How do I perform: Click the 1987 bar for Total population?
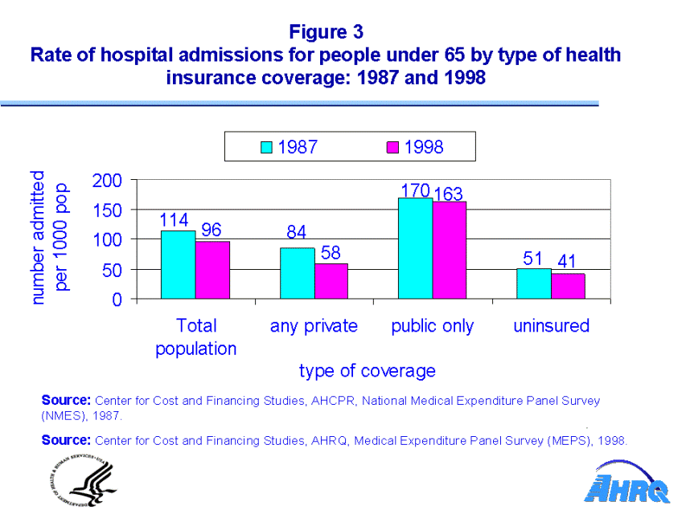(178, 265)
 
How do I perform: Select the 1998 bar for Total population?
(212, 270)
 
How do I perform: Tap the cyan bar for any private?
(297, 274)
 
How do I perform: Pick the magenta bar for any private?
(331, 281)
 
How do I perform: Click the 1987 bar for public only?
(415, 248)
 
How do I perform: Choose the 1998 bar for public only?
(449, 251)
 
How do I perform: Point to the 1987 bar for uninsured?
(534, 284)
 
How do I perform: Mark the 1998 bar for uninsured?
(568, 287)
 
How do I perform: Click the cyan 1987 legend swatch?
(267, 147)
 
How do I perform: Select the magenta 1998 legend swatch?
(393, 147)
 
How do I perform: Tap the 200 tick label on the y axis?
(107, 180)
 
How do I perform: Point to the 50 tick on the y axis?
(113, 270)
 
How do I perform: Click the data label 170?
(415, 190)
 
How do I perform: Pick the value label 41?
(568, 262)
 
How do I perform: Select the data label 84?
(297, 233)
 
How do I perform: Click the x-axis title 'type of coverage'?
(367, 370)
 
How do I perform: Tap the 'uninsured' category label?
(551, 326)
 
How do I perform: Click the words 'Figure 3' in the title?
(326, 31)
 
